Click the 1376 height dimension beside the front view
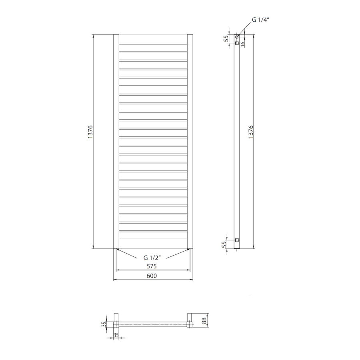click(90, 132)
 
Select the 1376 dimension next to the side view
click(250, 132)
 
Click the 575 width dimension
click(151, 266)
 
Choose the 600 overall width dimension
click(151, 276)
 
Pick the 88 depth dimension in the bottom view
click(204, 320)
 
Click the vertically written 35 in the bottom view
click(104, 324)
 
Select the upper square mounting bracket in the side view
click(237, 42)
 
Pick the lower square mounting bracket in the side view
click(237, 240)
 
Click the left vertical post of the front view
click(116, 142)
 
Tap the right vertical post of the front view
click(190, 142)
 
